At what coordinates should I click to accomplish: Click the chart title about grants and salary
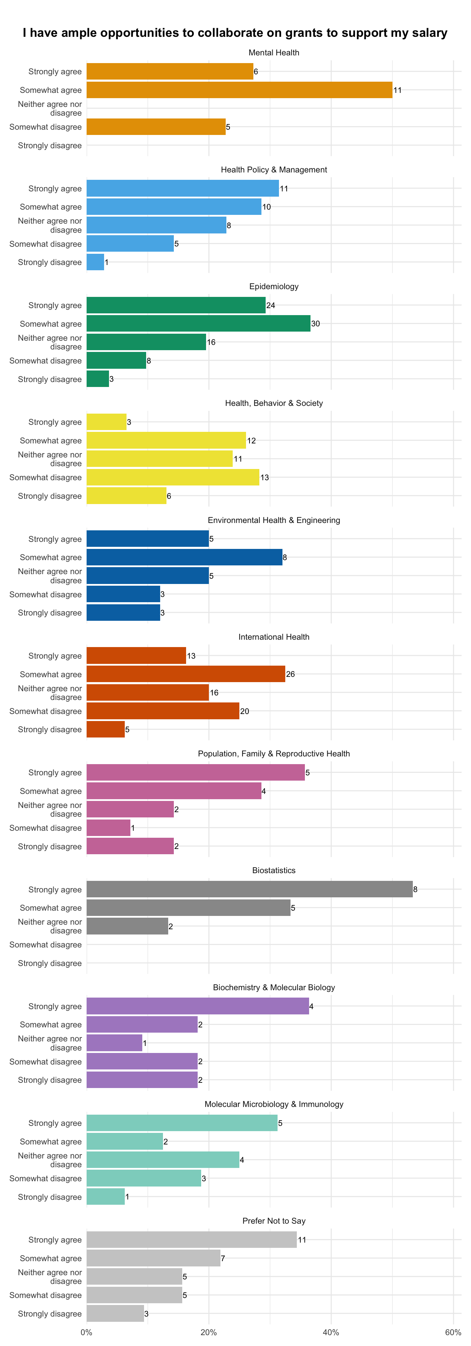[x=235, y=33]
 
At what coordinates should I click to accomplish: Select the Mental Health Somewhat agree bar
[x=239, y=90]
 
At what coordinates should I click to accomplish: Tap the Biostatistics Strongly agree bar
[x=250, y=889]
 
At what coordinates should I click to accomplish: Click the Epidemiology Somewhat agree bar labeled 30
[x=198, y=324]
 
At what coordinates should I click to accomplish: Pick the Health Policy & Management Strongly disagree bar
[x=95, y=262]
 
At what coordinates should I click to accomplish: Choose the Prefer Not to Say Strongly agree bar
[x=192, y=1240]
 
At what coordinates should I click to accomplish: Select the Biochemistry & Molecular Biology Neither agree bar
[x=114, y=1043]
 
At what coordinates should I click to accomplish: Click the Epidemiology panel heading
[x=274, y=286]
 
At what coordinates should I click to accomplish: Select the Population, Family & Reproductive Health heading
[x=274, y=754]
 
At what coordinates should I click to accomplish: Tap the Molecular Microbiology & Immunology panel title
[x=274, y=1104]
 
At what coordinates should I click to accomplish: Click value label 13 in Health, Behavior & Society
[x=265, y=477]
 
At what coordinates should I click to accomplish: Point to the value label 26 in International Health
[x=290, y=674]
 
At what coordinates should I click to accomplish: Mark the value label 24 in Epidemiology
[x=271, y=305]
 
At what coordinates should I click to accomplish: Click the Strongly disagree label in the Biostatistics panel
[x=50, y=963]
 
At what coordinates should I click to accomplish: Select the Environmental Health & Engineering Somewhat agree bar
[x=184, y=557]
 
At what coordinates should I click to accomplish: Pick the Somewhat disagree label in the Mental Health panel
[x=46, y=127]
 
